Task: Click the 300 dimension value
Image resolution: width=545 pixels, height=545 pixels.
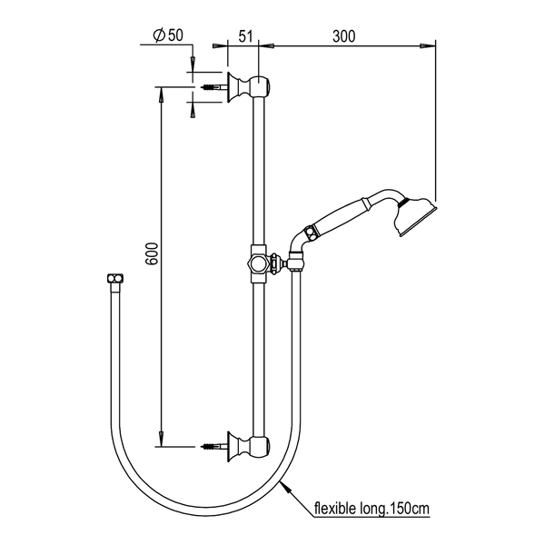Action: pyautogui.click(x=343, y=36)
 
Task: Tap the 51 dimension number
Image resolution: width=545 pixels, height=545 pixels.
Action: pyautogui.click(x=245, y=36)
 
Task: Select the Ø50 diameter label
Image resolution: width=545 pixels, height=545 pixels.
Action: pyautogui.click(x=168, y=35)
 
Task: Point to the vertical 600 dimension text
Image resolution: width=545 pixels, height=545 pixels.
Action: pyautogui.click(x=152, y=253)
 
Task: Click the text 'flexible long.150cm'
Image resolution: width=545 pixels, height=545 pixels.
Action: pyautogui.click(x=372, y=509)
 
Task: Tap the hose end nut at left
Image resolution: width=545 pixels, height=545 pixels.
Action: pyautogui.click(x=115, y=279)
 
